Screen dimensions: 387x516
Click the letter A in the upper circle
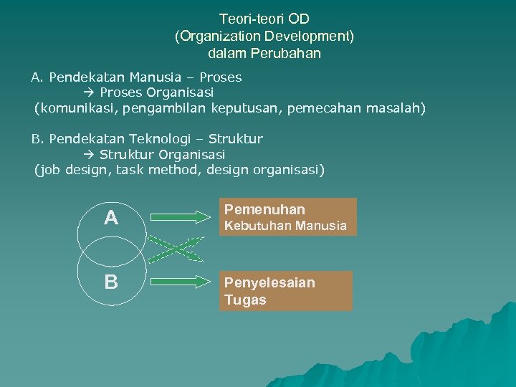[x=111, y=218]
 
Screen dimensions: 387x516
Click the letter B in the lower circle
[x=111, y=282]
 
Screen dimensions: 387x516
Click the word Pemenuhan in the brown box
[x=264, y=209]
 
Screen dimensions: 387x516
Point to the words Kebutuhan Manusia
[x=285, y=226]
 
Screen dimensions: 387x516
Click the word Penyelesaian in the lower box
[x=269, y=282]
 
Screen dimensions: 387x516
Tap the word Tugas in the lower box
[x=244, y=300]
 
